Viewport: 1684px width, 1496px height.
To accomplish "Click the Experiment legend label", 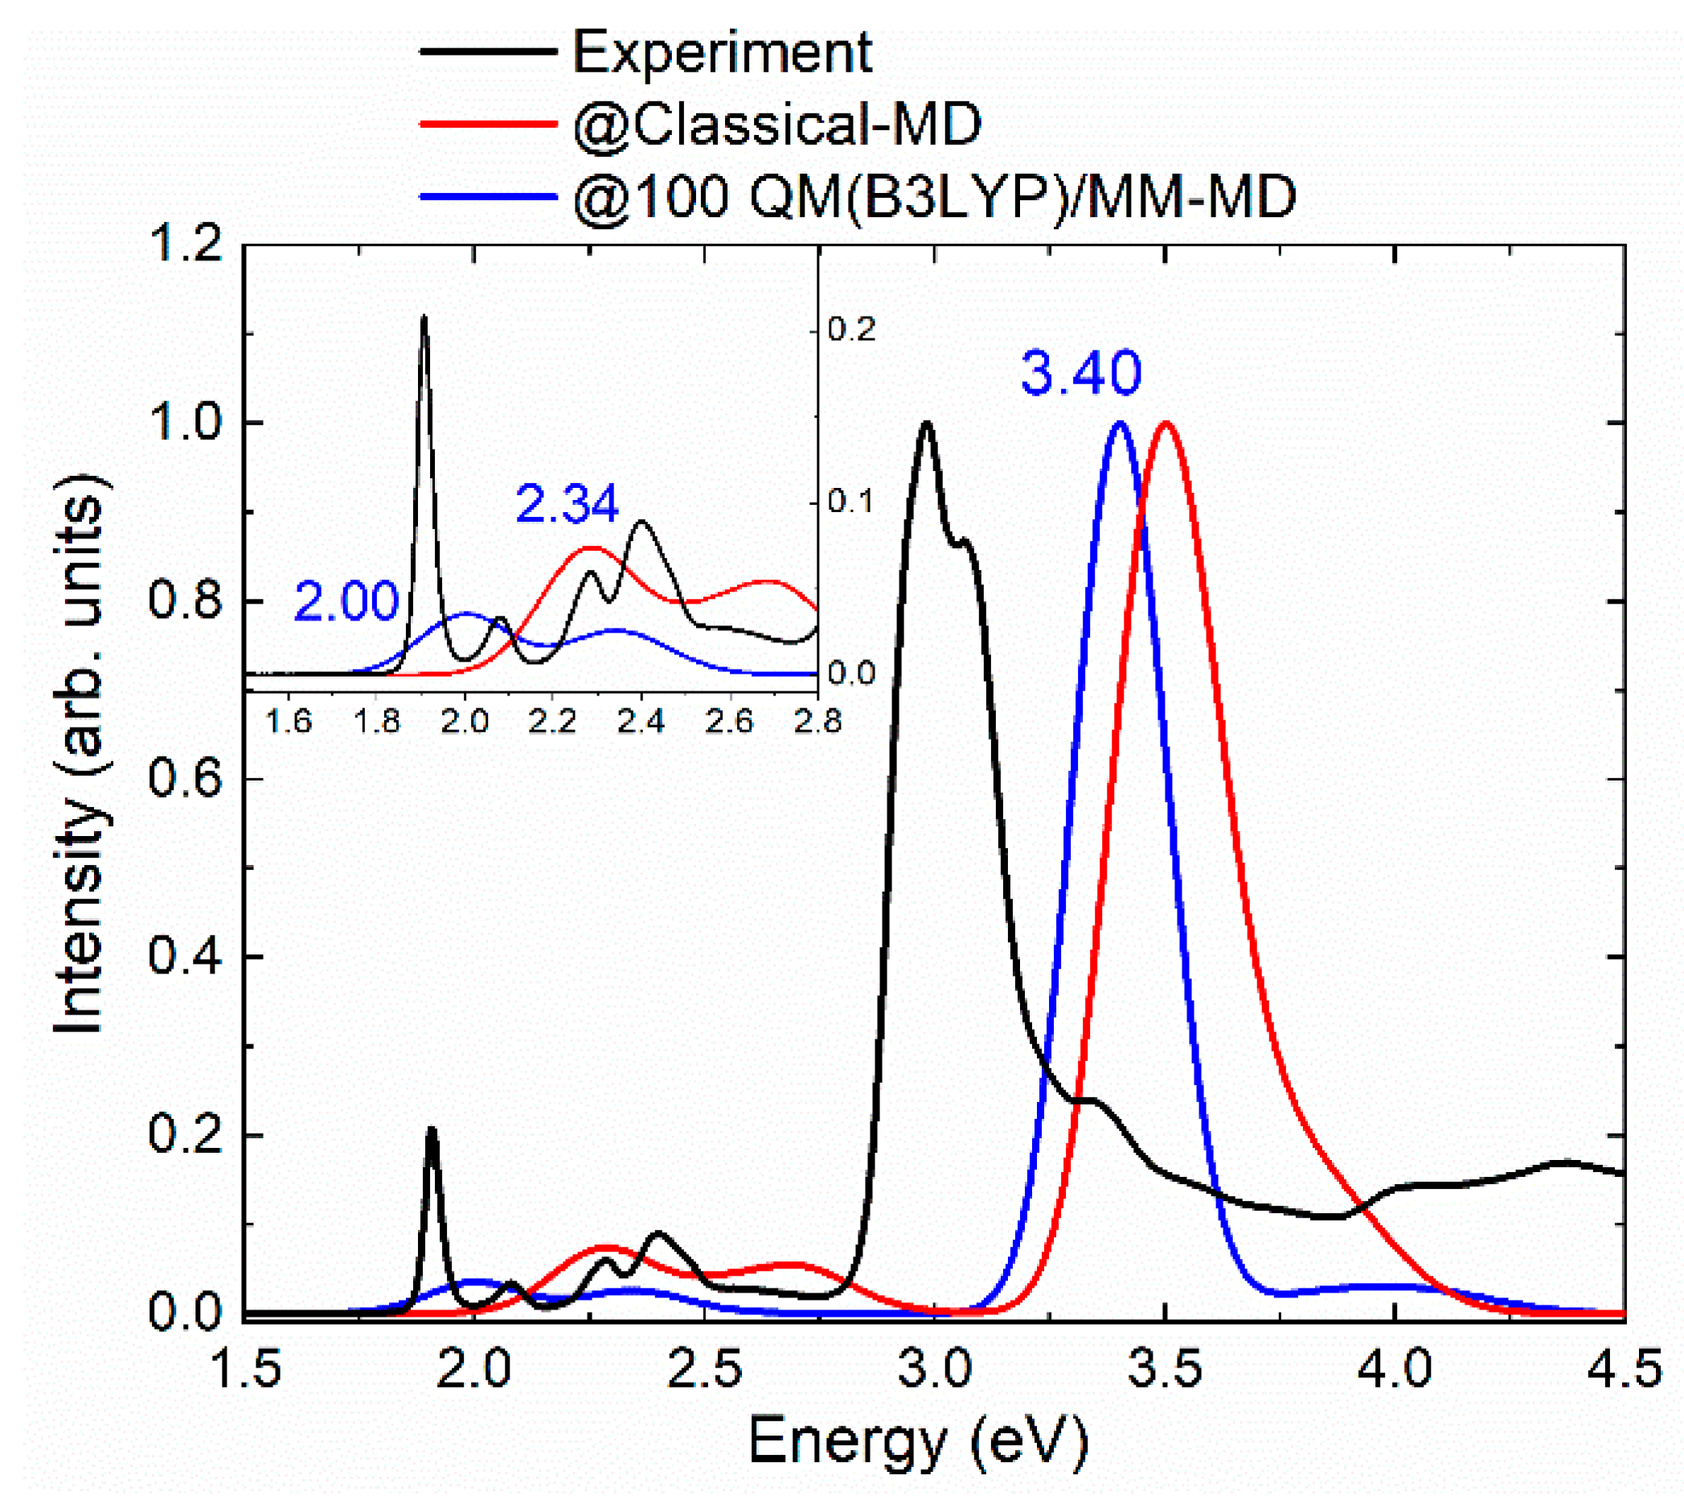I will (x=722, y=53).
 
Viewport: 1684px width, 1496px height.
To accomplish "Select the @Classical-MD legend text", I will (x=777, y=125).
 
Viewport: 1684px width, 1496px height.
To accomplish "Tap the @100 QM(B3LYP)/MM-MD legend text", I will (x=934, y=197).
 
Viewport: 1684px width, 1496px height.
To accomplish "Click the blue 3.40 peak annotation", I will (x=1081, y=372).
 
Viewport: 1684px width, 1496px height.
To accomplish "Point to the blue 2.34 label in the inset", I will (x=567, y=503).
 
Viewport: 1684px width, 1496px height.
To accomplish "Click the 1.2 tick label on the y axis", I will (x=186, y=244).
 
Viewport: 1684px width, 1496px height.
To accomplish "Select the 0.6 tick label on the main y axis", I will (x=186, y=778).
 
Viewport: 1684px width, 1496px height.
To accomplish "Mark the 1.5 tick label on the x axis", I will (x=245, y=1371).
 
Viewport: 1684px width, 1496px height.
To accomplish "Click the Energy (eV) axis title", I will (x=918, y=1442).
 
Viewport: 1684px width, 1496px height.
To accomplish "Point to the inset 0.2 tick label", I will (x=852, y=330).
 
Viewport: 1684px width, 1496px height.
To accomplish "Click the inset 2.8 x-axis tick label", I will (x=818, y=723).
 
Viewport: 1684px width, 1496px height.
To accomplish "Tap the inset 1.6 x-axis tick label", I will (x=289, y=723).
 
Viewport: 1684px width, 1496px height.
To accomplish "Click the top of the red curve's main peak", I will (x=1166, y=424).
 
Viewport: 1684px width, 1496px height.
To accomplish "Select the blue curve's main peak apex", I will (x=1120, y=424).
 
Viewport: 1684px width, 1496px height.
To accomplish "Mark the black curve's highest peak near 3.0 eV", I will (x=928, y=424).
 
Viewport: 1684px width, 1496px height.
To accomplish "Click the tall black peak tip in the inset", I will (x=424, y=318).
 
